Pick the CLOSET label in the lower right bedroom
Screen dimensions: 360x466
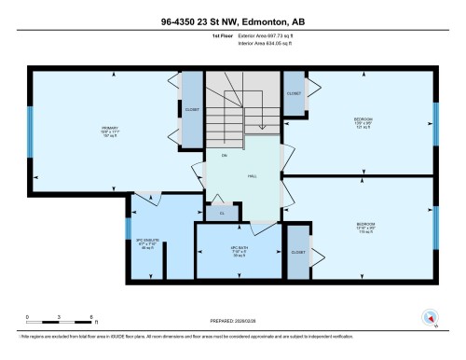tap(298, 253)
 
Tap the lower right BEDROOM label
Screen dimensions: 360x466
tap(365, 226)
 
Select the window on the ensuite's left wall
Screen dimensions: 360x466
tap(127, 228)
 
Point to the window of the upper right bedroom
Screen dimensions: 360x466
tap(436, 120)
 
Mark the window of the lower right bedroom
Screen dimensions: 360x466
tap(436, 224)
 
